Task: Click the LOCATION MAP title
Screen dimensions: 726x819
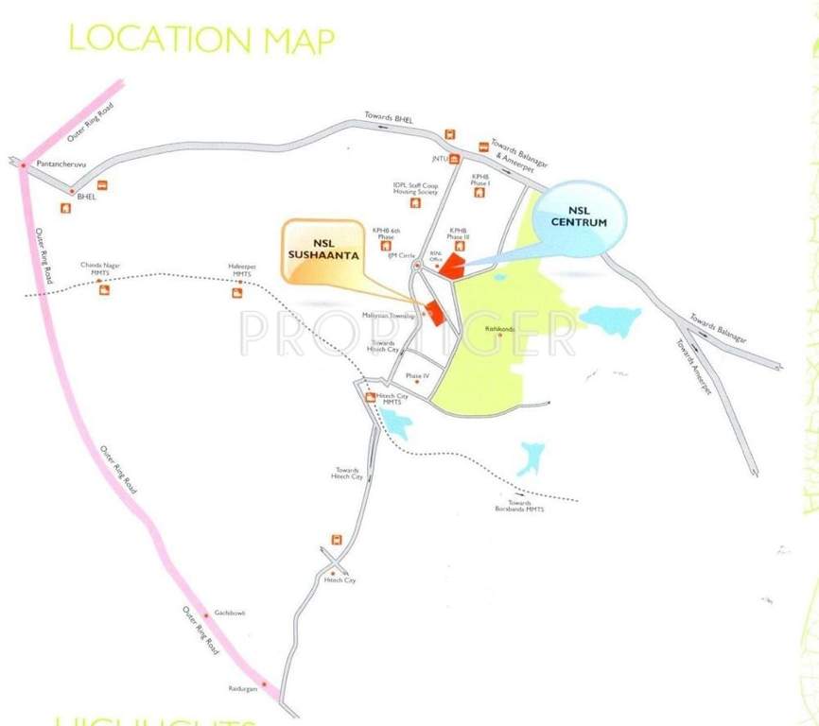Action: (202, 40)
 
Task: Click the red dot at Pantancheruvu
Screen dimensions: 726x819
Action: (23, 166)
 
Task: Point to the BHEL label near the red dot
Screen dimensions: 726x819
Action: (87, 197)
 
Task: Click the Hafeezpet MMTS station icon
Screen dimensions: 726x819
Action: (237, 293)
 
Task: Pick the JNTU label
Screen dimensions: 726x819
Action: (438, 159)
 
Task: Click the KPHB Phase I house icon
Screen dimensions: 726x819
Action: (479, 193)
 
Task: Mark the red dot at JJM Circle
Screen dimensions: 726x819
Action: (416, 266)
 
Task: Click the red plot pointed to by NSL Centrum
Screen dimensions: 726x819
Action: (451, 266)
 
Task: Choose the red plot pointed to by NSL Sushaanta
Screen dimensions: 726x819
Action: (435, 313)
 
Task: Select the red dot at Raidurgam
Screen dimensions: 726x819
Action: (264, 684)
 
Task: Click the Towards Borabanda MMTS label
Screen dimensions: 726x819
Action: (520, 507)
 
